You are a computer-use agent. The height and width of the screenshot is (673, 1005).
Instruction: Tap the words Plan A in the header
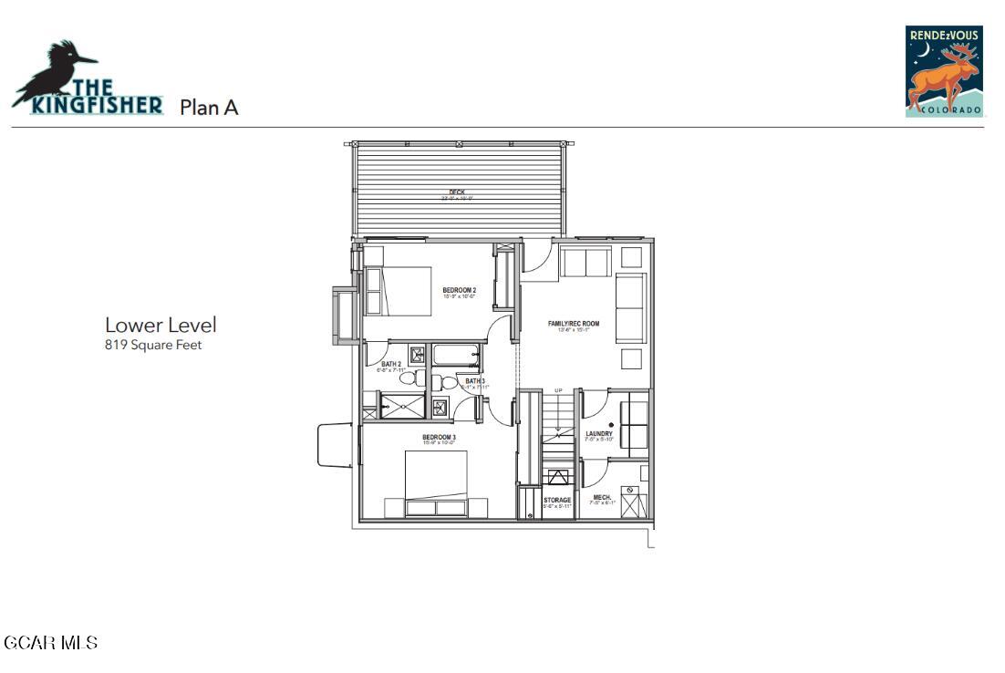click(209, 108)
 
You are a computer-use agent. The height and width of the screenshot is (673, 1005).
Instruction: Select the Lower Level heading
click(161, 325)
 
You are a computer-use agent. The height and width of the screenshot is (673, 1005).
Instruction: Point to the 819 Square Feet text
click(153, 345)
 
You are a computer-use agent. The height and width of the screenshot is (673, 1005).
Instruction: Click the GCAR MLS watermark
click(50, 643)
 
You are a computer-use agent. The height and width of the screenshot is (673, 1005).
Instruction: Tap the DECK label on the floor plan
click(457, 192)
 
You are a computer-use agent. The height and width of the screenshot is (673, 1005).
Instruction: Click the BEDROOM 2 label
click(461, 291)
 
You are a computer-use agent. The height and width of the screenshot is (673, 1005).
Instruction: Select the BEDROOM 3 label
click(439, 438)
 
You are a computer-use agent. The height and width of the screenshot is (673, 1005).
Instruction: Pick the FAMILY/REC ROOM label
click(573, 324)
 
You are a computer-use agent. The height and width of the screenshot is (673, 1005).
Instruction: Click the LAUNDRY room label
click(598, 434)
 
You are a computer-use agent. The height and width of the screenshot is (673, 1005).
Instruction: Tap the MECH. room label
click(602, 498)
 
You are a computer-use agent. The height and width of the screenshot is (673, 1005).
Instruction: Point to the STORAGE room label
click(557, 500)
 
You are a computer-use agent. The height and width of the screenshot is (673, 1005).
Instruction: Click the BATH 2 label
click(390, 365)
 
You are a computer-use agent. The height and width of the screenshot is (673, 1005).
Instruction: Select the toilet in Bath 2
click(409, 377)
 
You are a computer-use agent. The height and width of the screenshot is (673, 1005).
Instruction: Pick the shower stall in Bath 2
click(402, 406)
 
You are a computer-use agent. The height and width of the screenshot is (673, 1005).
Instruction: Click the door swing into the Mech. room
click(593, 472)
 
